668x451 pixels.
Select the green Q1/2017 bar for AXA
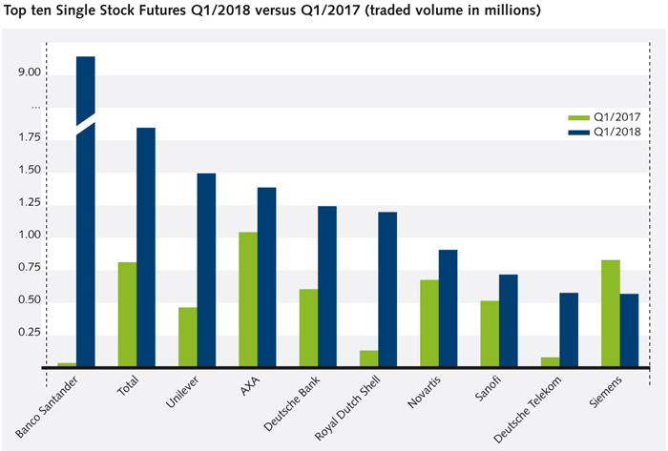click(x=248, y=298)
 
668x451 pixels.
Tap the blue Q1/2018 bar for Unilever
click(x=206, y=270)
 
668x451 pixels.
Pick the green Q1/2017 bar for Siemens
click(x=611, y=313)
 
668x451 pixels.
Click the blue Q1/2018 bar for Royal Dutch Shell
click(x=387, y=289)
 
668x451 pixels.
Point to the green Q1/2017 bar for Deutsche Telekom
click(x=550, y=361)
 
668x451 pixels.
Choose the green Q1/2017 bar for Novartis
click(x=429, y=322)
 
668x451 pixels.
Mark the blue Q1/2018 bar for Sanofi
click(x=509, y=319)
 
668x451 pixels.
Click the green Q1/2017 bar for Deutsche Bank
click(x=308, y=327)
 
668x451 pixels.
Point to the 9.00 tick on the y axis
click(x=28, y=72)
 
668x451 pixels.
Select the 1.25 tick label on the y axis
click(x=28, y=203)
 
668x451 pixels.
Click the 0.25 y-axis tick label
click(x=28, y=333)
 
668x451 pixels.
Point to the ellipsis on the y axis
click(x=35, y=107)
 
